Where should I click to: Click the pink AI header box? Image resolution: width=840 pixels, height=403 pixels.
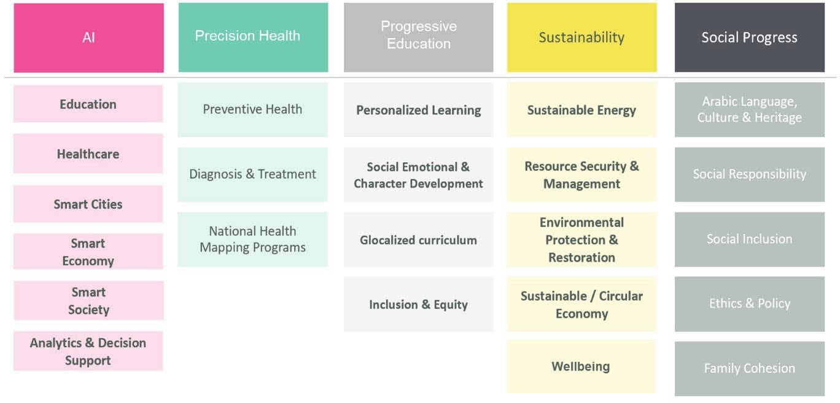click(88, 37)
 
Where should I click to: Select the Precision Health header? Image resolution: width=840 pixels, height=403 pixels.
click(253, 37)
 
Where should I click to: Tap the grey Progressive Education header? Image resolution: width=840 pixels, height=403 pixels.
click(419, 37)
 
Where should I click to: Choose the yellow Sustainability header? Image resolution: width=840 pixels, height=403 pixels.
click(582, 37)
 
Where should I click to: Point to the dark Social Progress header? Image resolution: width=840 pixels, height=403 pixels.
click(750, 37)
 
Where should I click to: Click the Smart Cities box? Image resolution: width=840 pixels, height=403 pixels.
click(88, 204)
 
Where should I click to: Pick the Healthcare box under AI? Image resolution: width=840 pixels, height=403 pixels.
click(88, 154)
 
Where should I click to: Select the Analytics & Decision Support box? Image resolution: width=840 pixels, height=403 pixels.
click(88, 351)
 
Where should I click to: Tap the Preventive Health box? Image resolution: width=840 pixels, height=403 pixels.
click(253, 109)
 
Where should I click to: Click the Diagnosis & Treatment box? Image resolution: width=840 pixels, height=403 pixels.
click(253, 174)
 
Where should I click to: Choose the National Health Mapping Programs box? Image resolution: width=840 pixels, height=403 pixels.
click(253, 240)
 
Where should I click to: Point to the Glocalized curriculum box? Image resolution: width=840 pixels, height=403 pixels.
click(419, 240)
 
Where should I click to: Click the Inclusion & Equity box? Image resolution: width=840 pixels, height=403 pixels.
click(419, 304)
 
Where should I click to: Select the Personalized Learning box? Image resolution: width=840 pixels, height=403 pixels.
click(419, 109)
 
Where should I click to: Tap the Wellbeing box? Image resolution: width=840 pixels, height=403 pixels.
click(581, 367)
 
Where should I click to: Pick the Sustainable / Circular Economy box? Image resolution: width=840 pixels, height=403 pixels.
click(582, 304)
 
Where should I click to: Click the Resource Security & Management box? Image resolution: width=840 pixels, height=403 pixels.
click(582, 174)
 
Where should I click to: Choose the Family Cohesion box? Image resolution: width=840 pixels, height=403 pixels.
click(750, 369)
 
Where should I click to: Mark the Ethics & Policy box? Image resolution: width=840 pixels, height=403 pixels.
click(750, 304)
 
